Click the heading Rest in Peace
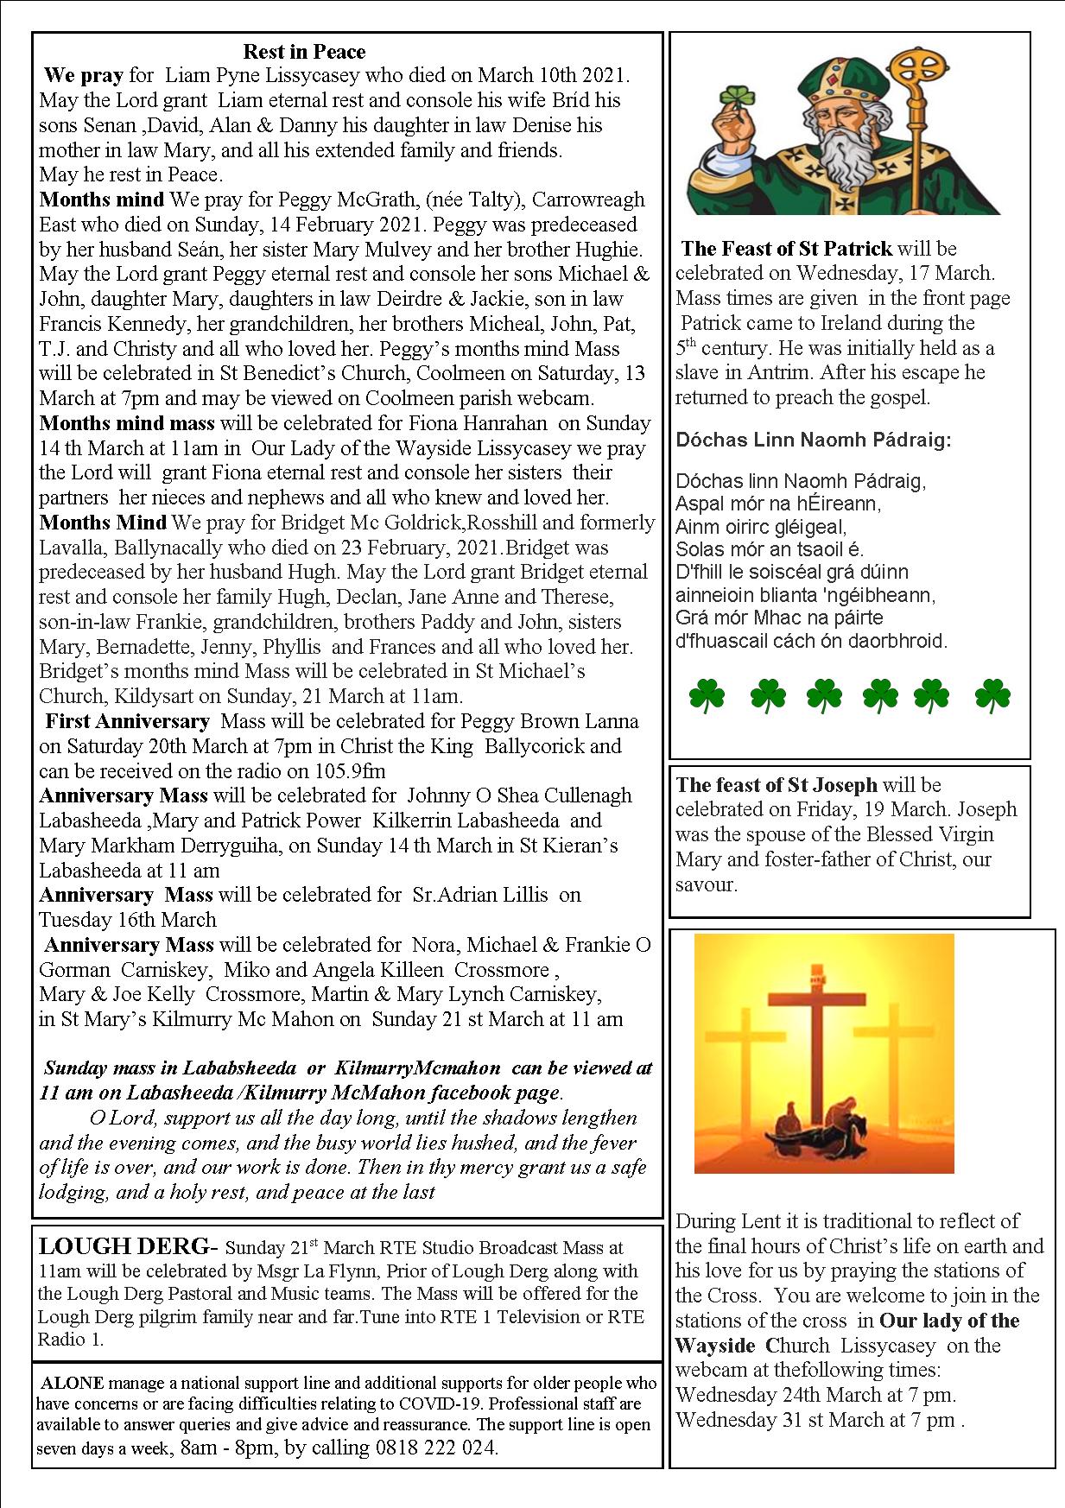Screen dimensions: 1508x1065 point(304,52)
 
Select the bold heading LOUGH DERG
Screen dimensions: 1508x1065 point(124,1247)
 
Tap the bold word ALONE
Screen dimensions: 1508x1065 point(73,1383)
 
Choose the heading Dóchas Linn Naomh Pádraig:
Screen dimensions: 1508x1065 point(814,440)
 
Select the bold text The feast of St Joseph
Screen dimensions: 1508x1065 point(777,785)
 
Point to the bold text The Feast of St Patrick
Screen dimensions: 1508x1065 point(786,249)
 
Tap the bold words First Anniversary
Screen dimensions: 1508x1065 point(127,721)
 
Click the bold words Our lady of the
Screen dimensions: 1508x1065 point(949,1321)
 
